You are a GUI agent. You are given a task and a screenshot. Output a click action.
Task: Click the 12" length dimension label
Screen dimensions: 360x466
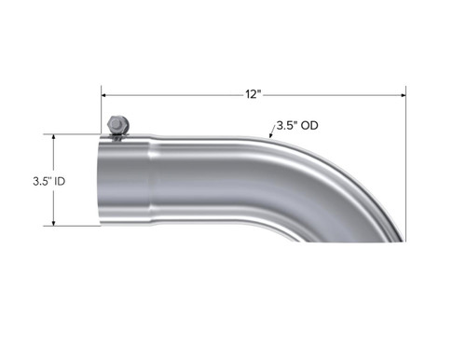tap(253, 94)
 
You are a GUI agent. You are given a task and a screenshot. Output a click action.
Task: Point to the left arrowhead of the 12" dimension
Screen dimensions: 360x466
tap(105, 94)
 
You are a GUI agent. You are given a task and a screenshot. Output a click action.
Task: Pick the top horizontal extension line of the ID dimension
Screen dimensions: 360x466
tap(75, 134)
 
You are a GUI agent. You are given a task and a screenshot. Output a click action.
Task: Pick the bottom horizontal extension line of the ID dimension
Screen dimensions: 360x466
tap(75, 226)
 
